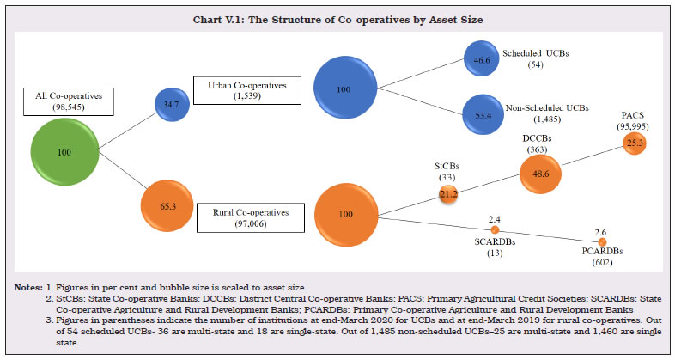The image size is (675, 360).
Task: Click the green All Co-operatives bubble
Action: (64, 151)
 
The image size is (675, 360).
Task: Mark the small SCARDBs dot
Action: (495, 230)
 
